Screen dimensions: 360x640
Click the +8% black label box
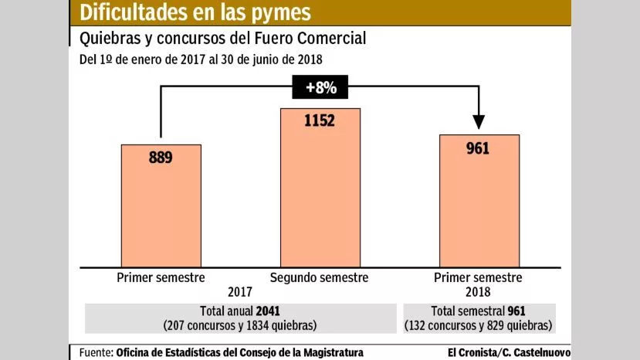(320, 87)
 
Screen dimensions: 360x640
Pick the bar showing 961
(478, 201)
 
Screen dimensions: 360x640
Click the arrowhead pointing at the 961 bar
(479, 121)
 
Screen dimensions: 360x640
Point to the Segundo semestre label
(320, 277)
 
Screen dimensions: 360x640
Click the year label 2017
(241, 294)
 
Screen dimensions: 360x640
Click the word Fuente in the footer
(96, 353)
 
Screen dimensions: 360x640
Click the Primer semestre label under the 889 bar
(161, 277)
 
